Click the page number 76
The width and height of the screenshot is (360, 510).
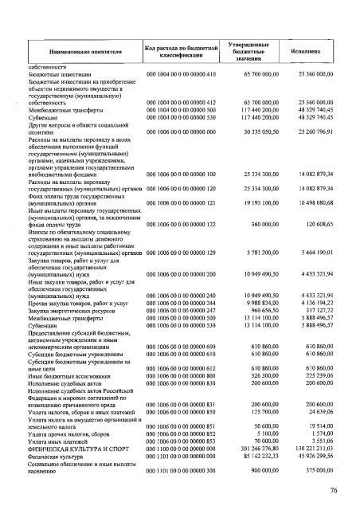335,490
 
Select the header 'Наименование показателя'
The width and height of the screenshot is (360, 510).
79,50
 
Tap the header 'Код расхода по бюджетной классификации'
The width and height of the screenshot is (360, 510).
181,49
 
